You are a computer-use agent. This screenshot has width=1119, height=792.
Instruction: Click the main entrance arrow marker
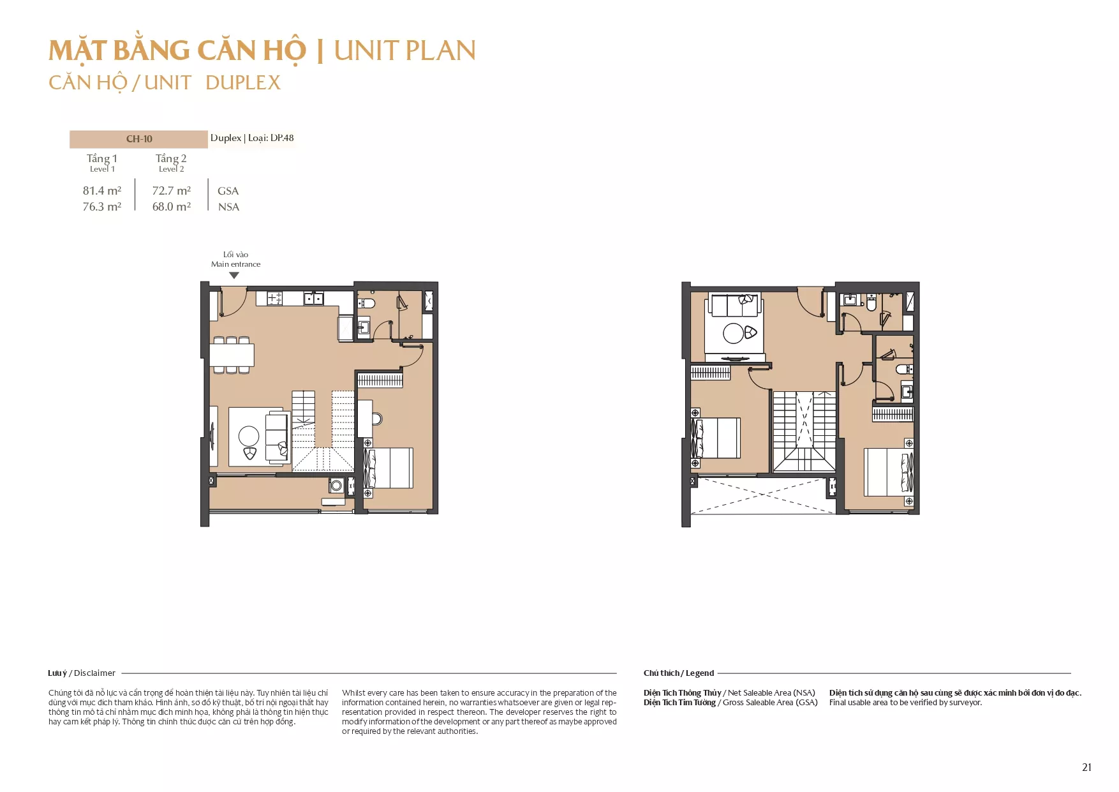234,276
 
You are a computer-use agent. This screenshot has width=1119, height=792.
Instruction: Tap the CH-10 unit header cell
138,139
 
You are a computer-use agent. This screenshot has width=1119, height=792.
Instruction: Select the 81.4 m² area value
102,190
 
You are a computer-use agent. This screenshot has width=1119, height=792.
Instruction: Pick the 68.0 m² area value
172,207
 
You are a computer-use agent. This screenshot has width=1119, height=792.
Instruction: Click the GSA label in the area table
228,191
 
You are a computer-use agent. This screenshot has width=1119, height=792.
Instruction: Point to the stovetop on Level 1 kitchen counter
275,298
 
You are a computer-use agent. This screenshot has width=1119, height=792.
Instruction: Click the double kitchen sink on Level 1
313,298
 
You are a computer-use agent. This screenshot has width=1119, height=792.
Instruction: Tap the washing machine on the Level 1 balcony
336,486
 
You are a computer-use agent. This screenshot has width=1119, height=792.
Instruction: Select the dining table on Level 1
232,355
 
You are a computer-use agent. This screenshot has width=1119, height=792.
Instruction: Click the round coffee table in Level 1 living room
249,437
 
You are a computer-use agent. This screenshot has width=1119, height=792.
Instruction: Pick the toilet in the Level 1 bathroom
366,302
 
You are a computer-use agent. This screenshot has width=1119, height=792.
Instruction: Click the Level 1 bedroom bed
389,468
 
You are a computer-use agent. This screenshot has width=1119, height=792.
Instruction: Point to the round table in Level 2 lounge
733,333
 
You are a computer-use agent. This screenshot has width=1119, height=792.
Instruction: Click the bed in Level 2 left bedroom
716,438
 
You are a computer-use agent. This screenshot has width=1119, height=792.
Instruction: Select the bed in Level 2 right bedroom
889,472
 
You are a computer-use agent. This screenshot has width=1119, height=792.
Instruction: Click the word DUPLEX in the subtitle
243,83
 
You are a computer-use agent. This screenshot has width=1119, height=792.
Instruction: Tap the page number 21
1087,768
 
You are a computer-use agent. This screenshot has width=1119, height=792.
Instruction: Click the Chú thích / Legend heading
679,673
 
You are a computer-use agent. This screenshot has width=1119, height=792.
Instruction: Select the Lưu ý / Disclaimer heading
82,673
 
